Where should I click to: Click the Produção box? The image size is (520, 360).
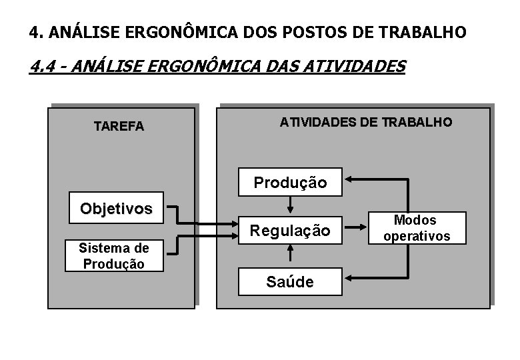pos(290,181)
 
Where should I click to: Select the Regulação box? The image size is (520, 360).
pos(290,231)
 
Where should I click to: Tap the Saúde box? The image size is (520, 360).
pos(290,281)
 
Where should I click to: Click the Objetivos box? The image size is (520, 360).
pos(116,208)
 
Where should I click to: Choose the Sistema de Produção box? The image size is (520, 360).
pos(113,256)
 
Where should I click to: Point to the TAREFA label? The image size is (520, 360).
pos(119,127)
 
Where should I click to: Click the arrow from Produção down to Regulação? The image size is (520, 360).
pos(290,204)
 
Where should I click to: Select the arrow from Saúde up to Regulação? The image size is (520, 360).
pos(290,253)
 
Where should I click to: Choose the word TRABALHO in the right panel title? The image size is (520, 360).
pos(418,122)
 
